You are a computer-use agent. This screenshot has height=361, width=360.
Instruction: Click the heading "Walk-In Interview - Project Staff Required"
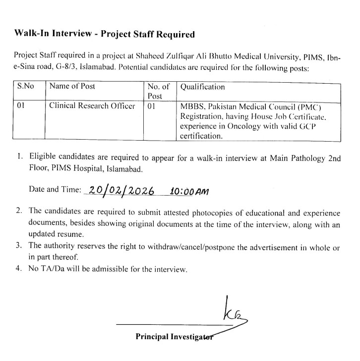(x=104, y=34)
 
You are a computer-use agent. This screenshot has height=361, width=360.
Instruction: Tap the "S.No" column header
(x=26, y=87)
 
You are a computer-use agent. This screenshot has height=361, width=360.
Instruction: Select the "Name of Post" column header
(x=72, y=87)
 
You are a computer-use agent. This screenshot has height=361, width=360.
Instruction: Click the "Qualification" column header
(x=202, y=87)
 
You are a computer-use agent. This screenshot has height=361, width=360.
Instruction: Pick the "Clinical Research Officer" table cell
(x=92, y=106)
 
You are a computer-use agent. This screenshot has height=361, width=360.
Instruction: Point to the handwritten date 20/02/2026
(x=120, y=192)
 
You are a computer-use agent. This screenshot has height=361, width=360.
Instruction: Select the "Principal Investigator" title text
(x=174, y=336)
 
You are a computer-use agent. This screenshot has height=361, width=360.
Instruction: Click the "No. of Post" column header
(x=159, y=91)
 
